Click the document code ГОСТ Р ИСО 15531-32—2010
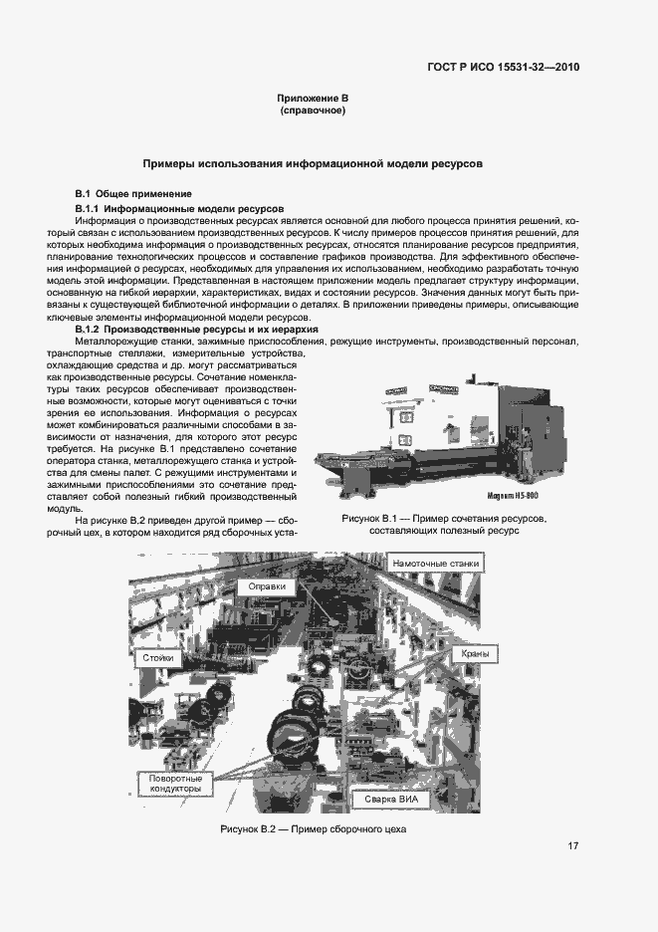tap(503, 68)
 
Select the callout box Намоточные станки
tap(436, 564)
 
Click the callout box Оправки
tap(267, 586)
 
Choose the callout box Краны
tap(475, 654)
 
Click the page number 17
tap(573, 846)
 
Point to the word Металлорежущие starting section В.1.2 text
tap(116, 342)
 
